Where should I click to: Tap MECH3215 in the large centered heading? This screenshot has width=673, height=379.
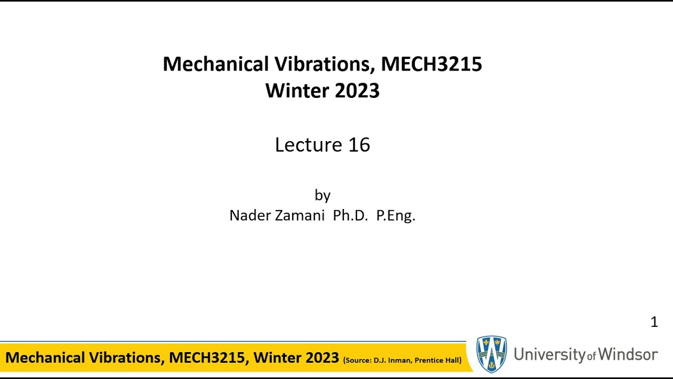tap(431, 64)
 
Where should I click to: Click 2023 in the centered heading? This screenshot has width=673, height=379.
tap(356, 91)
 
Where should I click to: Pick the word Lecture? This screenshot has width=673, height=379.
tap(309, 145)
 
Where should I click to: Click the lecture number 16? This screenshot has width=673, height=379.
tap(359, 145)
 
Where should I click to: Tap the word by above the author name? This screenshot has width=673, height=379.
tap(322, 195)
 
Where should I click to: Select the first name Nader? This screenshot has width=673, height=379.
tap(250, 215)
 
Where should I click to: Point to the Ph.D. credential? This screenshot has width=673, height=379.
tap(350, 215)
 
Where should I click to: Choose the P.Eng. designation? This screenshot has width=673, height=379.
tap(396, 215)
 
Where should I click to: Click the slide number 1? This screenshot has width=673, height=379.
tap(654, 322)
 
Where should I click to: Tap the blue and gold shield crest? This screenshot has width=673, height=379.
tap(492, 354)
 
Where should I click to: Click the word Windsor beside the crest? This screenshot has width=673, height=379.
tap(628, 354)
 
